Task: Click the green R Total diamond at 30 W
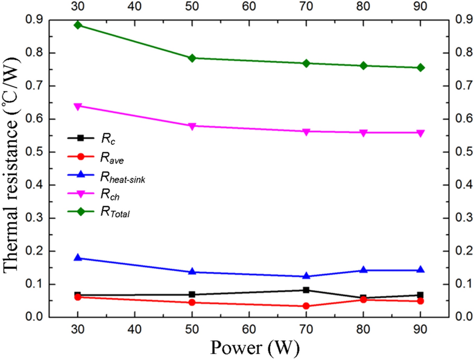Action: pos(78,25)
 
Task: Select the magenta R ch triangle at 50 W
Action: pos(192,126)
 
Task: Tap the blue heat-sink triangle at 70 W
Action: pos(306,276)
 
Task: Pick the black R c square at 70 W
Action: pos(306,290)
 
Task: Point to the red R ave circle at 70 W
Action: pos(306,306)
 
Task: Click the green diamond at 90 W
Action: pos(420,68)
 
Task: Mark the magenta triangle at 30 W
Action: pos(78,106)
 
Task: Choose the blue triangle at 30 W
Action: pos(78,257)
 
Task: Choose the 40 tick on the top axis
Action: pos(135,7)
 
